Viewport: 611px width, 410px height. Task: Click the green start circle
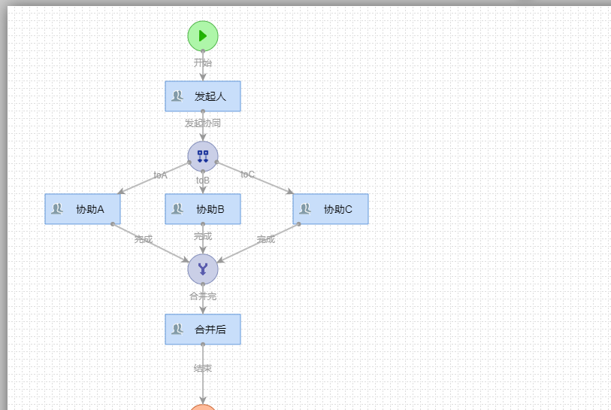(203, 35)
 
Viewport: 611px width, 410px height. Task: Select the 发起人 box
(203, 96)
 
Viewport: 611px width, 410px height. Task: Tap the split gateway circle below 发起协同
(203, 156)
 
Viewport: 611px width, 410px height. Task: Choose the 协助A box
(83, 209)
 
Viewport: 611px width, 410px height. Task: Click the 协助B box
(203, 209)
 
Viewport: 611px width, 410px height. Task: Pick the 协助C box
(331, 209)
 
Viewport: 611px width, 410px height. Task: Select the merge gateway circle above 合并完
(203, 269)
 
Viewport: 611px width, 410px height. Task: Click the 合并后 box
(203, 330)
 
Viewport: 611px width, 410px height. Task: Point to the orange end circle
(203, 407)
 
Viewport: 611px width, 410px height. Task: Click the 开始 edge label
(203, 62)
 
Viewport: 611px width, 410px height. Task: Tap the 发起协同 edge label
(203, 123)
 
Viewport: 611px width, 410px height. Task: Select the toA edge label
(161, 175)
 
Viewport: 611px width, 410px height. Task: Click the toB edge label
(203, 181)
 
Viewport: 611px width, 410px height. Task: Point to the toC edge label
(247, 175)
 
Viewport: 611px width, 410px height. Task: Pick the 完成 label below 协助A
(144, 239)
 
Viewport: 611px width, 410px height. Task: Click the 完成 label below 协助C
(266, 239)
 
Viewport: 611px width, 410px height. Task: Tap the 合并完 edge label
(203, 296)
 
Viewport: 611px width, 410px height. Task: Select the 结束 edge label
(203, 369)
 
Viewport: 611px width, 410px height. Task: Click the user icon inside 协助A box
(57, 209)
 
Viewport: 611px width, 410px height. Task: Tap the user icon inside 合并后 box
(177, 330)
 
